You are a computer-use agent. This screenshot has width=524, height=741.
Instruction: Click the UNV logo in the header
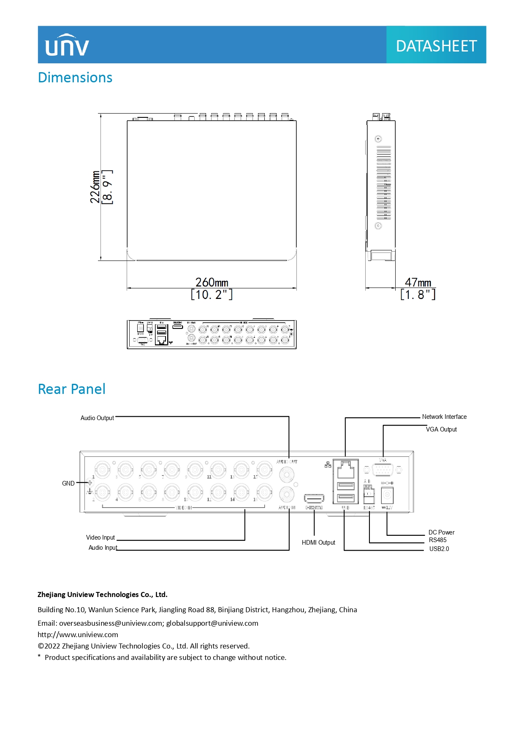(x=67, y=45)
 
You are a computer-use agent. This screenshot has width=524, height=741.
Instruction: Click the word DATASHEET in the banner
(x=436, y=46)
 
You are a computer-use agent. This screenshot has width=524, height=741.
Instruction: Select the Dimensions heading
(x=75, y=78)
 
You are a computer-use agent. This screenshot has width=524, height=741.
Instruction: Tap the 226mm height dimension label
(x=95, y=187)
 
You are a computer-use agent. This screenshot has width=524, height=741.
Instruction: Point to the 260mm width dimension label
(x=212, y=282)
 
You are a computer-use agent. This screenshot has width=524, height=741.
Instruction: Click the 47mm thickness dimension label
(x=418, y=282)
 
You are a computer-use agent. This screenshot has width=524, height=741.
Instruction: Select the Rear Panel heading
(x=72, y=389)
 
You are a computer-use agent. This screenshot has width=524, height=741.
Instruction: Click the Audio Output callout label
(x=97, y=418)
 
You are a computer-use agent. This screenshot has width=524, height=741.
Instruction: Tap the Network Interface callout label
(x=444, y=417)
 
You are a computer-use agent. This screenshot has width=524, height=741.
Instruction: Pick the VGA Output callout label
(x=441, y=429)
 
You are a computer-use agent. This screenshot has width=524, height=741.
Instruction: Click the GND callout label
(x=68, y=483)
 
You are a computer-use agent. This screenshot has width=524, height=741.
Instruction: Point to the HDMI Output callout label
(x=318, y=543)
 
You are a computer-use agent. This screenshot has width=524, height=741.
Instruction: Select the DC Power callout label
(x=441, y=532)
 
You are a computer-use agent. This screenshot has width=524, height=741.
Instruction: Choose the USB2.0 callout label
(x=439, y=549)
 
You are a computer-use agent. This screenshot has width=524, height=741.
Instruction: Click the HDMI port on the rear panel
(x=314, y=499)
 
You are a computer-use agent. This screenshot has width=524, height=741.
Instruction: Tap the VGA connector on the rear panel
(x=383, y=470)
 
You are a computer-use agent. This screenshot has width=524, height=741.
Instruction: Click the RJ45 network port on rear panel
(x=346, y=469)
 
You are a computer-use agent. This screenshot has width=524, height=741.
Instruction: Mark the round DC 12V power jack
(x=387, y=495)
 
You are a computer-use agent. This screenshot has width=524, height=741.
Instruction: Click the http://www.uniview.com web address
(x=78, y=635)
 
